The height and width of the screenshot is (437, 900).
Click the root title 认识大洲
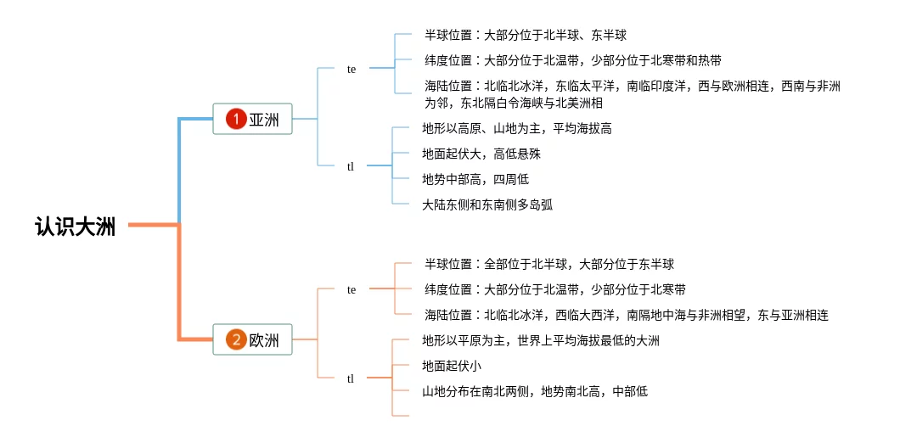tap(76, 227)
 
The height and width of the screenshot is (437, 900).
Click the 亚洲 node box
tap(252, 119)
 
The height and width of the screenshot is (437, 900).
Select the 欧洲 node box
tap(252, 339)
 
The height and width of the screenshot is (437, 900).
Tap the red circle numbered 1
tap(235, 119)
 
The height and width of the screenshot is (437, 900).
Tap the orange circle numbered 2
tap(235, 339)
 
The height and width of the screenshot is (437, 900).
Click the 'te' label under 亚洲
tap(352, 70)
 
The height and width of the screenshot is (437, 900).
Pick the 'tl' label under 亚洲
tap(350, 166)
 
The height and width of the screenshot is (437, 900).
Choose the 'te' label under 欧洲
tap(352, 290)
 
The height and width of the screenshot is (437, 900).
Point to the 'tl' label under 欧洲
tap(350, 378)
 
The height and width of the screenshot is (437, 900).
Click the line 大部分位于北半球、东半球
tap(555, 35)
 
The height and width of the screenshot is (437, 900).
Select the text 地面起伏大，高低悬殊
tap(481, 154)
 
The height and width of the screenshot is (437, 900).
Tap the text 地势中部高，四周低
tap(475, 180)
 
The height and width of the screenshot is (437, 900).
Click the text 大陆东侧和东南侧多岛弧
tap(487, 204)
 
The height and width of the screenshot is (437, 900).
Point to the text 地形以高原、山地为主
tap(481, 128)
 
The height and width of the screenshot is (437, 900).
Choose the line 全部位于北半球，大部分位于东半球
tap(579, 265)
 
